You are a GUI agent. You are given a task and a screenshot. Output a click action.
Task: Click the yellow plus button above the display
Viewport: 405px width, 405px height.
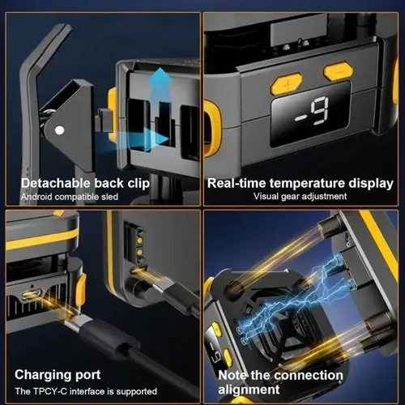pyautogui.click(x=286, y=83)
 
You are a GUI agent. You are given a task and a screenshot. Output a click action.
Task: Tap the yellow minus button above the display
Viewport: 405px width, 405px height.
pyautogui.click(x=339, y=71)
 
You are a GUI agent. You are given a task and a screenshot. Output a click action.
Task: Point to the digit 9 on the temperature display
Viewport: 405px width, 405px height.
pyautogui.click(x=320, y=111)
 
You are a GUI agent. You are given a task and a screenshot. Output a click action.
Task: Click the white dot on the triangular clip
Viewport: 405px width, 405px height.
pyautogui.click(x=59, y=130)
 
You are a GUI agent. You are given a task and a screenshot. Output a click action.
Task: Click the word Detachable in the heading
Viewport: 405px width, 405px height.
pyautogui.click(x=55, y=183)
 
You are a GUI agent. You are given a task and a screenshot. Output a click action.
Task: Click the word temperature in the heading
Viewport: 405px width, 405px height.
pyautogui.click(x=307, y=183)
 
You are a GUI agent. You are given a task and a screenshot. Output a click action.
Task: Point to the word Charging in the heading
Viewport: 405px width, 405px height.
pyautogui.click(x=39, y=375)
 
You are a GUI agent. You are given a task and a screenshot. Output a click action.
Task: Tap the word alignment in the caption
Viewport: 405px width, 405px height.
pyautogui.click(x=249, y=390)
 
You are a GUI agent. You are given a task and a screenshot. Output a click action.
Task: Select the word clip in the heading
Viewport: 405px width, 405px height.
pyautogui.click(x=139, y=183)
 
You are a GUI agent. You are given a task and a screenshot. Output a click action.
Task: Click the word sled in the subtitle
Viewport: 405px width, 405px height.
pyautogui.click(x=109, y=197)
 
